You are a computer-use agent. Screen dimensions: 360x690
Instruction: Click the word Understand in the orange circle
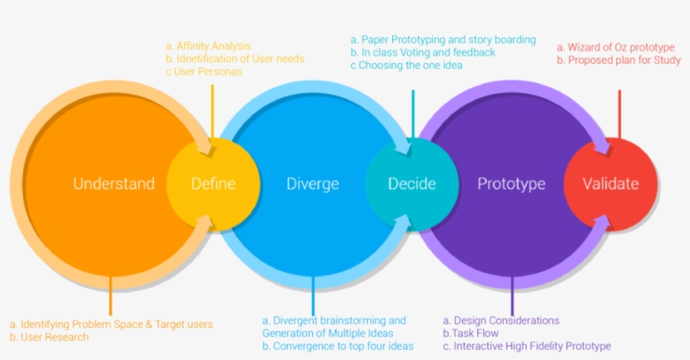114,184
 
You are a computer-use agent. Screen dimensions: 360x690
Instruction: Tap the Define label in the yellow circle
213,184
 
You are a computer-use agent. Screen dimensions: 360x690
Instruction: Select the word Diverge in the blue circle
312,184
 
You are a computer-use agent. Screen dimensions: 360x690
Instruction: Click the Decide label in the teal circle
411,184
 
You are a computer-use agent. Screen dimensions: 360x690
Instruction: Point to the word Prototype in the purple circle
511,184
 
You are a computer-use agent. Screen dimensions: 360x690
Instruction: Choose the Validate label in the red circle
611,184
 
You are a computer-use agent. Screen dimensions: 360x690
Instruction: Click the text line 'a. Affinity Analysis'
208,46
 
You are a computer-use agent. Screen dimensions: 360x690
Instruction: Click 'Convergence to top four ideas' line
337,346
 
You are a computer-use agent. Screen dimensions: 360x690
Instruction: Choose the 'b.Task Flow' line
470,333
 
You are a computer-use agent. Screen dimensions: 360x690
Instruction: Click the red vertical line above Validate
619,113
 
